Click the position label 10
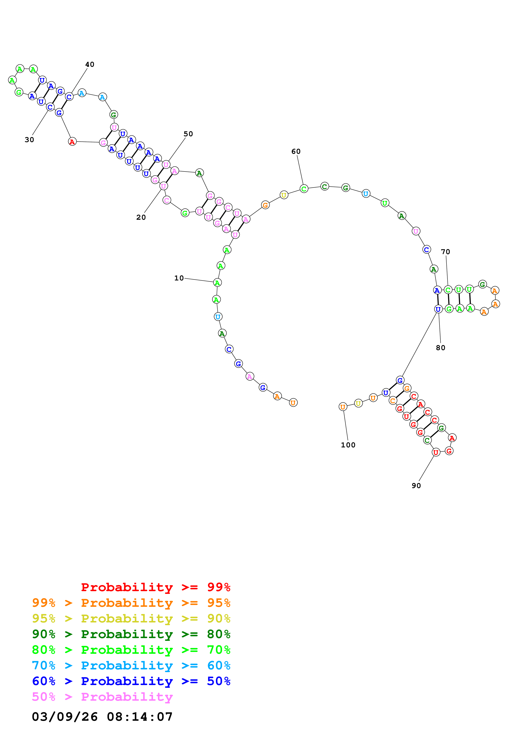[x=179, y=278]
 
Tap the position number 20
[x=141, y=217]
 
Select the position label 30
[x=29, y=140]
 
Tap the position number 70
[x=445, y=252]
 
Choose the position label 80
[x=440, y=348]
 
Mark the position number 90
[x=416, y=486]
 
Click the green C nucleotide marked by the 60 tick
[x=304, y=189]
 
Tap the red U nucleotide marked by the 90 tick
[x=435, y=452]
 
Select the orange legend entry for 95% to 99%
[x=131, y=603]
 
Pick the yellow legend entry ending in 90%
[x=131, y=618]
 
